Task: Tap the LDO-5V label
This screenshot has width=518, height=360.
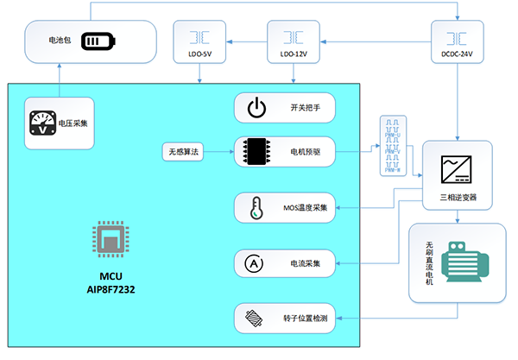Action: tap(199, 54)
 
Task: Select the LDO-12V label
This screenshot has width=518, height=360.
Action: tap(293, 54)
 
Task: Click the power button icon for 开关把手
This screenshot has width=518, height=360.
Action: tap(256, 109)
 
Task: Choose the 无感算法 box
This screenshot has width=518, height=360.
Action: tap(182, 152)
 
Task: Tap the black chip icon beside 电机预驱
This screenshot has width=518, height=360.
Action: tap(256, 152)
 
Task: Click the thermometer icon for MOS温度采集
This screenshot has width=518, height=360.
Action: tap(256, 208)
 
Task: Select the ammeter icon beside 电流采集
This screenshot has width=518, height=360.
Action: tap(256, 262)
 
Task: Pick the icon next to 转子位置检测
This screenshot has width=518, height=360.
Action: tap(256, 319)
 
